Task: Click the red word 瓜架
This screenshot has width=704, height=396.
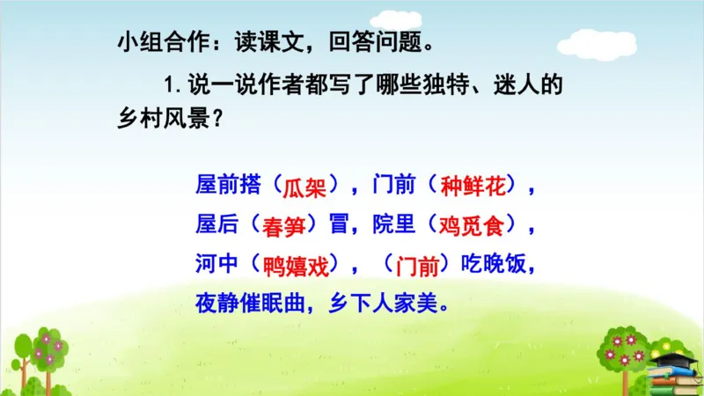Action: (303, 187)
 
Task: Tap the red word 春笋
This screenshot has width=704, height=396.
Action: (284, 226)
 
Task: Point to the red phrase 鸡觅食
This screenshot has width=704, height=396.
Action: (473, 226)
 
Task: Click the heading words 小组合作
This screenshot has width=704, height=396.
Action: (155, 43)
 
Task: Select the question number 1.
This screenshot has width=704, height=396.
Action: (168, 87)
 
